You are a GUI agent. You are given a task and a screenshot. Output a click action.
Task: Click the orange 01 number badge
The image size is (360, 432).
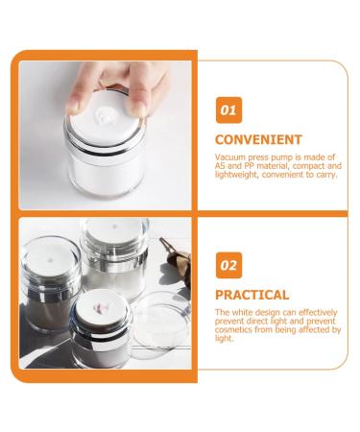point(228,110)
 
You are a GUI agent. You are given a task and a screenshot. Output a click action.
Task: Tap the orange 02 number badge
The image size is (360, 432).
point(228,265)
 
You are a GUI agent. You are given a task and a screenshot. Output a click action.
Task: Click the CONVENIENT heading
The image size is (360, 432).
point(258,139)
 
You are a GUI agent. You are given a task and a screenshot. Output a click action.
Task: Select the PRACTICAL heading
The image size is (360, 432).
point(252,295)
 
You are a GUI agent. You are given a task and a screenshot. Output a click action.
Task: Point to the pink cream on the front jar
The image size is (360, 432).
point(101,308)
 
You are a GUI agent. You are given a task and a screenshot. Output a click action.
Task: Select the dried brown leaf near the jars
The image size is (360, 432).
point(177,257)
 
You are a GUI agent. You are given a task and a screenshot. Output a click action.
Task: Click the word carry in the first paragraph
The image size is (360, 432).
point(327,175)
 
